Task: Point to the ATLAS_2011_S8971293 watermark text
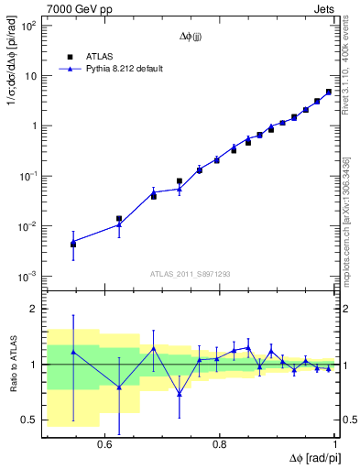[x=191, y=273]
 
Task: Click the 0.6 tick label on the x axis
[x=104, y=442]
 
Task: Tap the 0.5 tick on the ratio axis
[x=29, y=420]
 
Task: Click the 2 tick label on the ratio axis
[x=35, y=309]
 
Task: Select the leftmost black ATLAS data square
[x=73, y=245]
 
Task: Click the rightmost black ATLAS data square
[x=329, y=92]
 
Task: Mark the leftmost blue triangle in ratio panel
[x=73, y=351]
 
